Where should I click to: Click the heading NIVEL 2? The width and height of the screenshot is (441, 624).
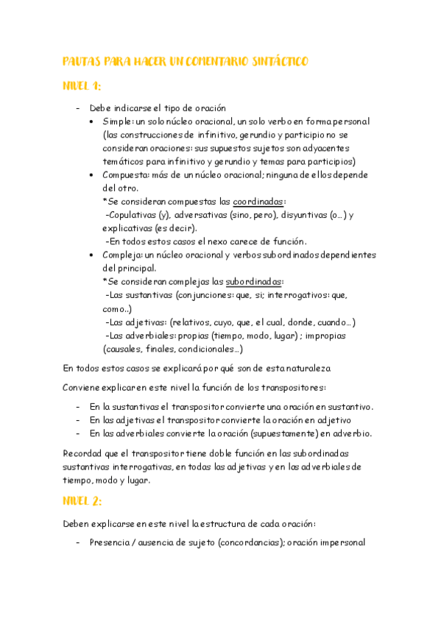(x=82, y=500)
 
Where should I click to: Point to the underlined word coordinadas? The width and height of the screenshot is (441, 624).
(x=259, y=201)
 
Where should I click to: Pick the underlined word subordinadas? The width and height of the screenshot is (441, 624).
(x=255, y=281)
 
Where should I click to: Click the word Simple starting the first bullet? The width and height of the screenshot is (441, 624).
(x=118, y=121)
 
